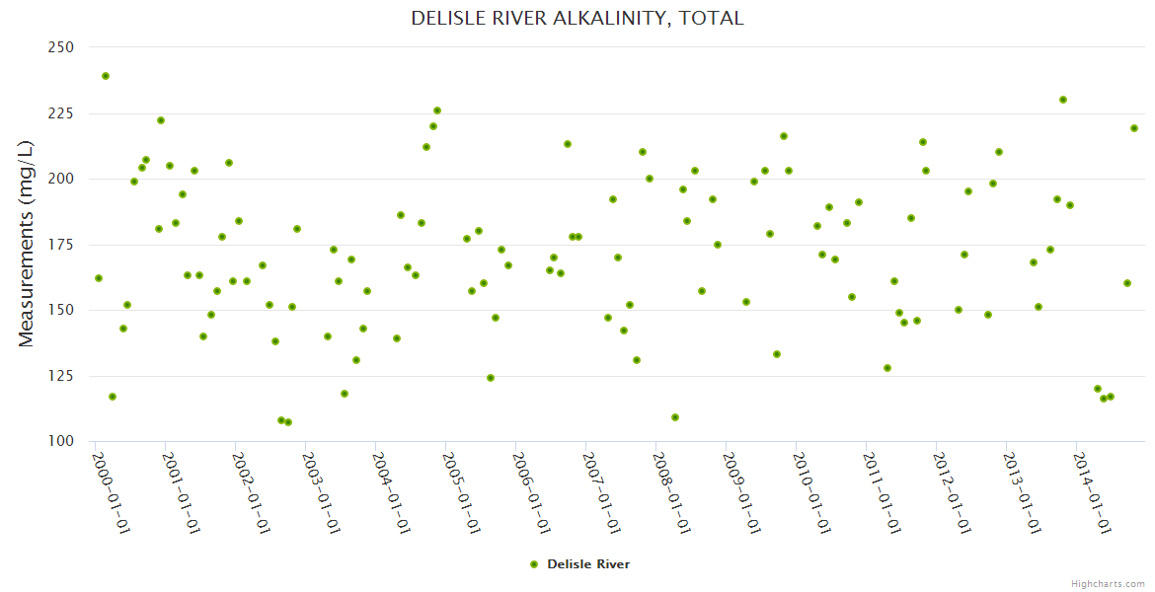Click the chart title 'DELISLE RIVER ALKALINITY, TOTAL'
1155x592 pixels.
click(x=577, y=19)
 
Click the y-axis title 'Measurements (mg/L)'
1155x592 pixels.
click(x=27, y=244)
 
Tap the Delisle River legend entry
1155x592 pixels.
click(x=579, y=564)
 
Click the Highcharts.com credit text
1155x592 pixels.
click(x=1108, y=583)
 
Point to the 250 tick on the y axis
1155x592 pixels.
click(x=61, y=47)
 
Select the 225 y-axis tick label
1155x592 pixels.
click(x=61, y=113)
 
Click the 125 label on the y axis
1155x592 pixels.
click(x=61, y=376)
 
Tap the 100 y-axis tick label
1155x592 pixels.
click(x=61, y=441)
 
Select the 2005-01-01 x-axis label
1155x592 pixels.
click(x=461, y=493)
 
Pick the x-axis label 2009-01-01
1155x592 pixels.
click(x=741, y=493)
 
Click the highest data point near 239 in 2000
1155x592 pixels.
click(x=106, y=76)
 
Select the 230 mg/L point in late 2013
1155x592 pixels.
click(x=1063, y=100)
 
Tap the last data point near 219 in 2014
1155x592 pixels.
click(x=1134, y=128)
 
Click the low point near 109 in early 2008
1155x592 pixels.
click(x=675, y=417)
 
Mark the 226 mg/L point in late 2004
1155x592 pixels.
click(x=437, y=111)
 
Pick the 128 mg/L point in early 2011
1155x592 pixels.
click(x=887, y=368)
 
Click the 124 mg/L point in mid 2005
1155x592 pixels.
click(x=491, y=378)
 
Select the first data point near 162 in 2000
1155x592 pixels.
click(x=99, y=278)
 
